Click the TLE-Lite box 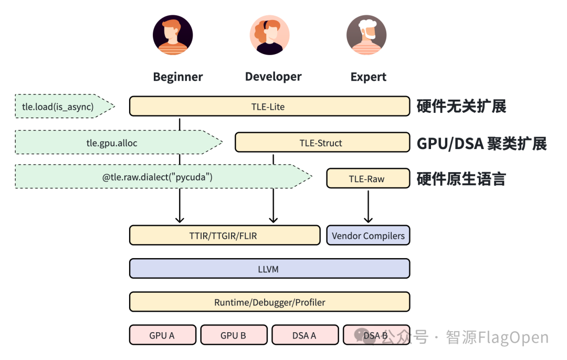pos(269,106)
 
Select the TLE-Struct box pos(322,142)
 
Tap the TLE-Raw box pos(368,178)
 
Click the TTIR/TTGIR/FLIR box pos(225,235)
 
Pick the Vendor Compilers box pos(368,235)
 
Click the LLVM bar pos(269,269)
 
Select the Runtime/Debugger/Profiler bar pos(269,302)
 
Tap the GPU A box pos(162,335)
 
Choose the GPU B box pos(234,335)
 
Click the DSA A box pos(305,335)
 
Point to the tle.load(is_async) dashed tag pos(65,106)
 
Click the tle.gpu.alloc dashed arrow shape pos(118,142)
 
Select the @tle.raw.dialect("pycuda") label pos(157,177)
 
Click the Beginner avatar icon pos(173,35)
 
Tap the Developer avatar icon pos(269,35)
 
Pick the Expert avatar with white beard pos(366,35)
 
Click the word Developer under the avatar pos(274,77)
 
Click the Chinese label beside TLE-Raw pos(461,179)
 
